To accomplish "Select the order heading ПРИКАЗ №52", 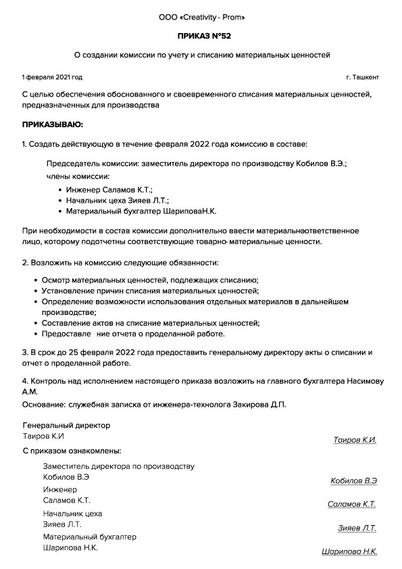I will [201, 34].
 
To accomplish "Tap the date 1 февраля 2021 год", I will [52, 78].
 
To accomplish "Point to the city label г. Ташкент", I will [363, 78].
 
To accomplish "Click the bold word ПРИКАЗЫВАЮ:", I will [53, 125].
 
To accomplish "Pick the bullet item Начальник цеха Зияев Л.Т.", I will [117, 201].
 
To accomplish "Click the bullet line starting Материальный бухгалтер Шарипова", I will [141, 212].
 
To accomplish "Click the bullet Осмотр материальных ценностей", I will [150, 280].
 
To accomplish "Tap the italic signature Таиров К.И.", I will [355, 440].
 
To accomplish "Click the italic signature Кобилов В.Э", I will [353, 481].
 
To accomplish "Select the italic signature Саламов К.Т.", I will [351, 504].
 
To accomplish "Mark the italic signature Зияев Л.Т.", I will [357, 528].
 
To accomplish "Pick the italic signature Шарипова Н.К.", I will [349, 551].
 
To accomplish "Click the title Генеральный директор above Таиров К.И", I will [66, 426].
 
